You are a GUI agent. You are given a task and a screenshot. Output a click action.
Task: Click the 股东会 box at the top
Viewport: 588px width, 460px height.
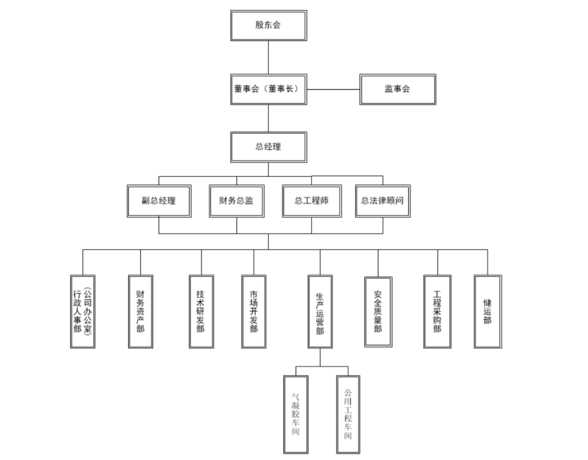click(x=268, y=25)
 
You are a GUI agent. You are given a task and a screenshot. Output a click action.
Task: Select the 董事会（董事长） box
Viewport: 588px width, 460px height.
click(x=268, y=89)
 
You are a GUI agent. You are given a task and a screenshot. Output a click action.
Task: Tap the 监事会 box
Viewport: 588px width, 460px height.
click(x=398, y=89)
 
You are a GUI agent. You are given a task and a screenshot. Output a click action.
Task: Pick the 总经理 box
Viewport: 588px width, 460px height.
click(x=268, y=147)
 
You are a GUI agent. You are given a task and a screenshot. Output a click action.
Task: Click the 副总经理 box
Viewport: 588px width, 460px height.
click(x=159, y=201)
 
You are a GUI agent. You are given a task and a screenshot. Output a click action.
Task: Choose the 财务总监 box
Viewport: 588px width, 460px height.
click(x=236, y=201)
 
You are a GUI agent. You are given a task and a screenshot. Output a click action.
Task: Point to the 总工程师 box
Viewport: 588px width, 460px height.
click(x=311, y=201)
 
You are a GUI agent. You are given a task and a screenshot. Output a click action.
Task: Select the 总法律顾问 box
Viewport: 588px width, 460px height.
click(x=383, y=201)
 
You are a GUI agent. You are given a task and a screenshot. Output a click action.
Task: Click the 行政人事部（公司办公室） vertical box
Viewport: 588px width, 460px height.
click(x=83, y=312)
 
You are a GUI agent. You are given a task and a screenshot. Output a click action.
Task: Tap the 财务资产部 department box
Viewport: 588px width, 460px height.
click(x=141, y=312)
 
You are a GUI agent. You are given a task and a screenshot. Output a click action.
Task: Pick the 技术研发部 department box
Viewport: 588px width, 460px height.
click(x=202, y=312)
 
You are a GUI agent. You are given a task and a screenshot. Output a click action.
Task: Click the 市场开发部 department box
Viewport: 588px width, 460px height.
click(x=254, y=312)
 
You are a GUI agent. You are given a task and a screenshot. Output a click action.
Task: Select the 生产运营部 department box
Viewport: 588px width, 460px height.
click(x=321, y=312)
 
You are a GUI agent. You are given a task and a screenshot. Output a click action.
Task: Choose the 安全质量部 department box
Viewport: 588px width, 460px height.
click(x=379, y=312)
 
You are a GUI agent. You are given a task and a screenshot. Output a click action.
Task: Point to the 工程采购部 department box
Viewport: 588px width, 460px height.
click(x=437, y=312)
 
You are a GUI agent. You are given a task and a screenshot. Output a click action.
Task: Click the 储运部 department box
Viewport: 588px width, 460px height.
click(x=488, y=312)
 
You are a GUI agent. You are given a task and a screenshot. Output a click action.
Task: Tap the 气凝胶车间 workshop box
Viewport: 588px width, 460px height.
click(x=296, y=415)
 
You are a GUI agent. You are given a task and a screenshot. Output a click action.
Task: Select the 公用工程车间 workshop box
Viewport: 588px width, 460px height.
click(x=348, y=415)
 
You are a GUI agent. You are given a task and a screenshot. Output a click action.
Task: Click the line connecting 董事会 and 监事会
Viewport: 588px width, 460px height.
click(x=333, y=90)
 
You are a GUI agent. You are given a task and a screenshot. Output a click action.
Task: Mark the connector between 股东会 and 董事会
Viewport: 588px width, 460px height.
click(x=268, y=57)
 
